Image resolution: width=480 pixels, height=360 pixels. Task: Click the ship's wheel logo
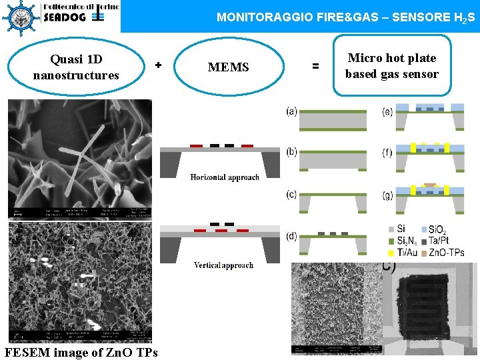(21, 16)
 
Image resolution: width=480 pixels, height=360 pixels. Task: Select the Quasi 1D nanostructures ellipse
(75, 67)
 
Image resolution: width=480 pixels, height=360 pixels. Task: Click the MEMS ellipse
(229, 67)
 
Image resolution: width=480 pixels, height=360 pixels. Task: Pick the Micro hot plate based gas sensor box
(391, 66)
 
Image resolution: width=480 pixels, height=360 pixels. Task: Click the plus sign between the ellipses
(158, 65)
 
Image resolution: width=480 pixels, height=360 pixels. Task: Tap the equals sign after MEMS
(315, 66)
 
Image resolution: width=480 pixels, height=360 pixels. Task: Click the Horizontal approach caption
(224, 177)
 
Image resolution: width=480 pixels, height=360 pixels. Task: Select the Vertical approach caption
(224, 265)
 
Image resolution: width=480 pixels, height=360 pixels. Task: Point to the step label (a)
(291, 111)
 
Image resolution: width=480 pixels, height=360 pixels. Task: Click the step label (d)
(291, 236)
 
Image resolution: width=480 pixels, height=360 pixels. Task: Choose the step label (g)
(387, 194)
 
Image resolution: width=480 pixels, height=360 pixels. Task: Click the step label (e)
(387, 111)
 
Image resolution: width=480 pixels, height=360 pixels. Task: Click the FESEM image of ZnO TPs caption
(81, 353)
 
